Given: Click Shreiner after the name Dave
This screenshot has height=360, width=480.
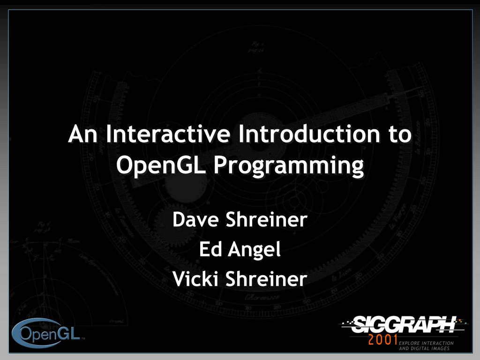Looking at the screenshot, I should tap(266, 219).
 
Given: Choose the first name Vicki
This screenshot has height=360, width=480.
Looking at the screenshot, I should tap(196, 279).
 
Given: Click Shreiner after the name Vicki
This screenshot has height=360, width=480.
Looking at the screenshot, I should tap(266, 279).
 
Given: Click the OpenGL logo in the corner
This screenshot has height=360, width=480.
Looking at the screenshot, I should tap(47, 334).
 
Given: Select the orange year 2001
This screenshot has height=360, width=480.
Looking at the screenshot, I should tap(383, 340).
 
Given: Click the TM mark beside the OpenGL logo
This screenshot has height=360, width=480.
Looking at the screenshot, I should tap(83, 338).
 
